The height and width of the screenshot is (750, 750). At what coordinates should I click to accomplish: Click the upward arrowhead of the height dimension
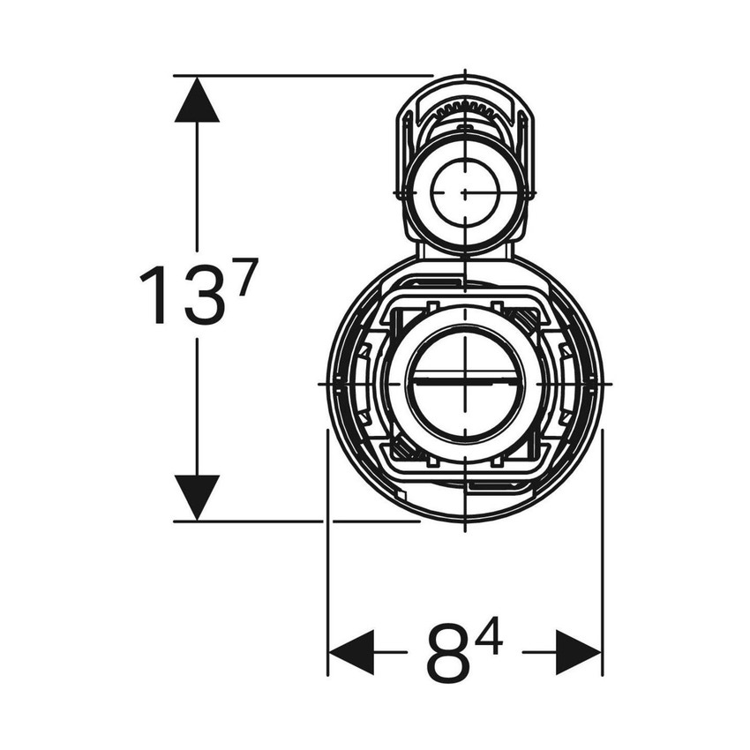(x=197, y=99)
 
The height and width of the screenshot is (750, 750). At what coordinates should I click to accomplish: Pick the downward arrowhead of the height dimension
(x=197, y=497)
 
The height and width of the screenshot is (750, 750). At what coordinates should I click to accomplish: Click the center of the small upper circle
(x=464, y=191)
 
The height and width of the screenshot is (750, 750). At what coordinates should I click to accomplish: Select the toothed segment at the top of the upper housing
(x=464, y=109)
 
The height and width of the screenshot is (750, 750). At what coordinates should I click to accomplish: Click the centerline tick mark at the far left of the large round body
(x=321, y=385)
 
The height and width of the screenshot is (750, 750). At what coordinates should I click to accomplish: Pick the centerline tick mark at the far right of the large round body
(x=607, y=385)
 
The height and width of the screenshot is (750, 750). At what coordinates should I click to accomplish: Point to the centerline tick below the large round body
(x=464, y=527)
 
